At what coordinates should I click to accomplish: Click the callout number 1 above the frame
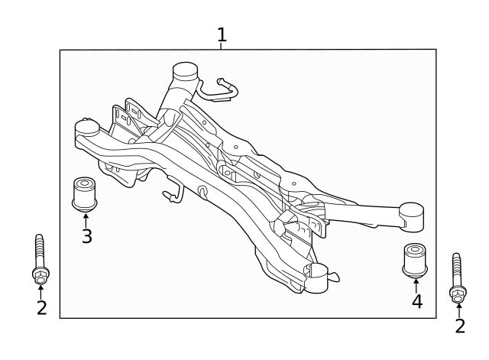222,35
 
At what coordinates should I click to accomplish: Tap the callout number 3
86,236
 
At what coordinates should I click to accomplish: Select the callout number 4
416,302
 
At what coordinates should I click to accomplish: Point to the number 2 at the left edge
41,308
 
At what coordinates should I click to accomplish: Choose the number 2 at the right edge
459,326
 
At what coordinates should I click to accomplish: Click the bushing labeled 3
84,193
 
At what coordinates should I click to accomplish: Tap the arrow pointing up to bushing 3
86,219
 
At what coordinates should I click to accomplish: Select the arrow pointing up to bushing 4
416,284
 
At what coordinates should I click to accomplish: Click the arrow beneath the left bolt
40,291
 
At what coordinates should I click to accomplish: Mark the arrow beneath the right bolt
458,310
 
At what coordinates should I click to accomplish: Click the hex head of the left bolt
40,274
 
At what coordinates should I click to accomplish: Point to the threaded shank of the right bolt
457,268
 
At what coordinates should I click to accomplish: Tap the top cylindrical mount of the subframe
185,75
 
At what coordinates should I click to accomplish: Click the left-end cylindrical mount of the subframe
87,128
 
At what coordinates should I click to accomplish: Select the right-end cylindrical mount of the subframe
412,216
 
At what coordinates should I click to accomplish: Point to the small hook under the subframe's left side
172,196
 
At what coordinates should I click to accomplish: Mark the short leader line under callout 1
221,47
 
